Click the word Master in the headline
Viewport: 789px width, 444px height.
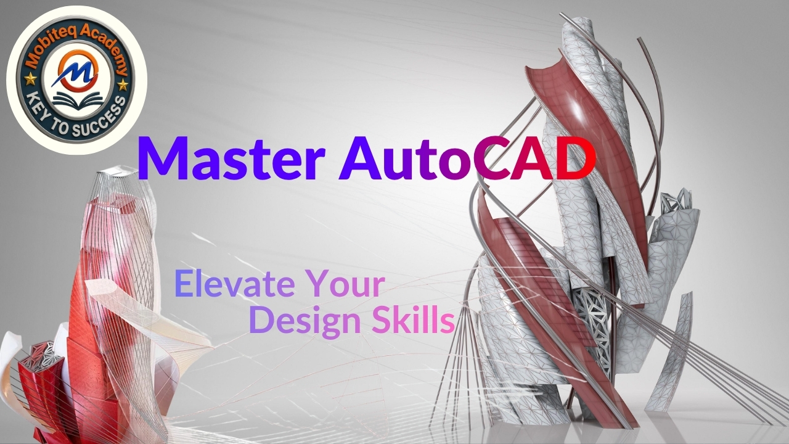[231, 158]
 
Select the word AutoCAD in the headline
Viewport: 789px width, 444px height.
[467, 158]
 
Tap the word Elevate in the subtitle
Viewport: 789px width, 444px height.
[235, 283]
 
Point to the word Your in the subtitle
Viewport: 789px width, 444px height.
[345, 283]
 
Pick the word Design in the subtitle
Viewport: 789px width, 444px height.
[305, 321]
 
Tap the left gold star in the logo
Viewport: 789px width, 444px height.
[31, 79]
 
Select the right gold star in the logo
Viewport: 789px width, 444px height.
[123, 85]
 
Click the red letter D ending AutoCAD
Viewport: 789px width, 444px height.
[575, 159]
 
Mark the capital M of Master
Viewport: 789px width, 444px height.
[161, 159]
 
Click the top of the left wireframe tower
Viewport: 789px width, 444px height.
[117, 173]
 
